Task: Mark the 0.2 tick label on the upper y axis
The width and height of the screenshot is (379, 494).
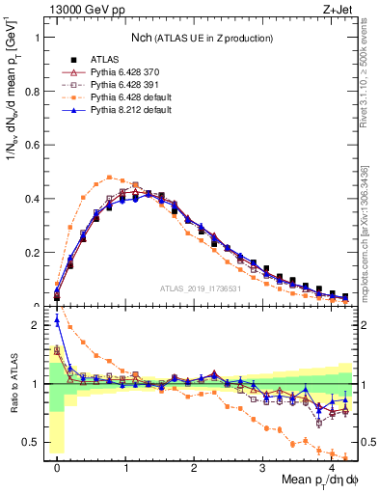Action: [x=36, y=253]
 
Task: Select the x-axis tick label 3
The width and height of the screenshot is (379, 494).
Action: [x=263, y=465]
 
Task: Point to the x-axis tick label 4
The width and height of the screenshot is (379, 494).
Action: [x=332, y=465]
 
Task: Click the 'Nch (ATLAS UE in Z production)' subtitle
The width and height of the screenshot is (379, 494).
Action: [x=201, y=38]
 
